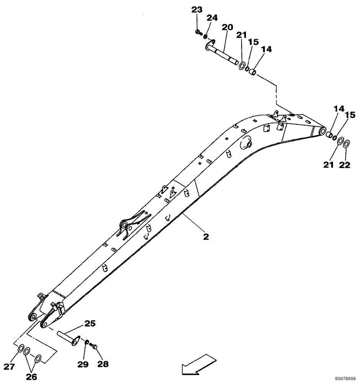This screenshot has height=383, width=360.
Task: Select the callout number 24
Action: click(x=212, y=18)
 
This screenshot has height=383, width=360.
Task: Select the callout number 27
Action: click(x=10, y=367)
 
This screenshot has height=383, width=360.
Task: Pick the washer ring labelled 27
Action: click(x=20, y=349)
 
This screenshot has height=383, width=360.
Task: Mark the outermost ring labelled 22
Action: click(x=346, y=144)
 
